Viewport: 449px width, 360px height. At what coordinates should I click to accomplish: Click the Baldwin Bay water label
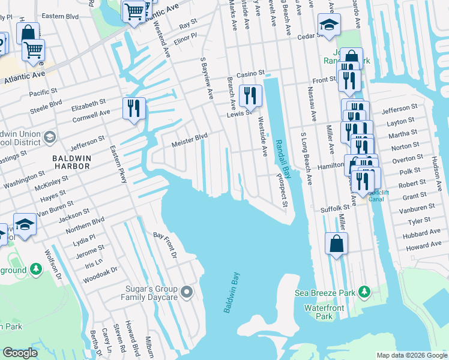[232, 292]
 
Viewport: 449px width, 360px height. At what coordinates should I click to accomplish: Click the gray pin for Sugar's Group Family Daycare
[187, 292]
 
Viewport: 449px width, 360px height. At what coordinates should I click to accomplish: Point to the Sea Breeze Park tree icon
[364, 292]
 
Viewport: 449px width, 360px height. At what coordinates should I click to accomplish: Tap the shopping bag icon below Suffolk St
[336, 244]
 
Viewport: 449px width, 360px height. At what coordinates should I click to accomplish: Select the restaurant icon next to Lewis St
[250, 95]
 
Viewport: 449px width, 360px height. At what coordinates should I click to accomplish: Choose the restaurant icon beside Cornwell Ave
[133, 107]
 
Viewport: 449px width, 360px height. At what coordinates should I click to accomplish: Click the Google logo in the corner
[20, 352]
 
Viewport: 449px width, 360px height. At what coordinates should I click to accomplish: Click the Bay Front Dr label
[166, 245]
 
